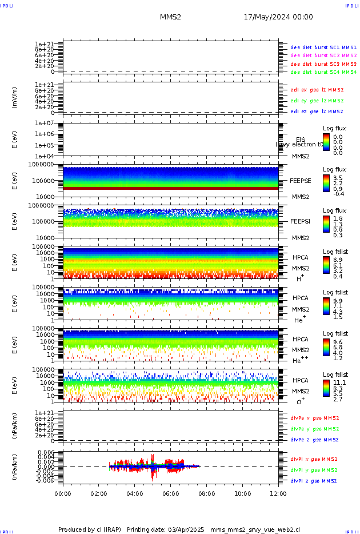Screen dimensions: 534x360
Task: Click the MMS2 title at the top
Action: click(170, 17)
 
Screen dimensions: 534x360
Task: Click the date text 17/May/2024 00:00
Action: click(278, 17)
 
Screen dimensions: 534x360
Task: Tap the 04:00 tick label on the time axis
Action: click(135, 493)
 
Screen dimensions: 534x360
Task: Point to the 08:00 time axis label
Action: click(206, 493)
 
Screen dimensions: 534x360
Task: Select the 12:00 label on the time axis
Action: click(278, 493)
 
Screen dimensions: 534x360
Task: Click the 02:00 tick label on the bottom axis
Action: click(99, 493)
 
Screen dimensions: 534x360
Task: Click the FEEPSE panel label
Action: click(301, 180)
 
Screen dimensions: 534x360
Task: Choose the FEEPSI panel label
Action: click(301, 221)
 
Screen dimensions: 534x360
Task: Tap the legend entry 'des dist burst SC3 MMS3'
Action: click(323, 64)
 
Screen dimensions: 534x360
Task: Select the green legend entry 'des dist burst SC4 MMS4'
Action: click(323, 73)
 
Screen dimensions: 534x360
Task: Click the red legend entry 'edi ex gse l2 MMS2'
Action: click(317, 90)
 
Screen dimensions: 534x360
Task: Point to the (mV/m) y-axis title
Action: click(15, 98)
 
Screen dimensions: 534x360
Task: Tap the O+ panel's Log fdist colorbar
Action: click(326, 386)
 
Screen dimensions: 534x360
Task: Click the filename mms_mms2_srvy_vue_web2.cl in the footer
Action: click(255, 529)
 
